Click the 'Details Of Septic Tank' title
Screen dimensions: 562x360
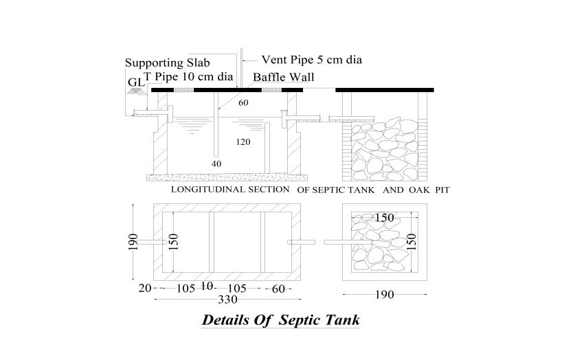coord(280,320)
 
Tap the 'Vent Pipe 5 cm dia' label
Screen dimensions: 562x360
coord(311,60)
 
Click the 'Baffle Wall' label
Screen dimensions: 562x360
coord(283,77)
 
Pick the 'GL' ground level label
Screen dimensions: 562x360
coord(135,82)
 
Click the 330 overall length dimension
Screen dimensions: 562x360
coord(227,300)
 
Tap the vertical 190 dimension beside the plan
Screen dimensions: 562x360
coord(133,242)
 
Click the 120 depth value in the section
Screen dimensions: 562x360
coord(243,142)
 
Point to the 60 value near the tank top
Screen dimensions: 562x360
coord(243,103)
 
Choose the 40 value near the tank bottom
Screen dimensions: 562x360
coord(216,164)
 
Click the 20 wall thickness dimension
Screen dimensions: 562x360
coord(144,289)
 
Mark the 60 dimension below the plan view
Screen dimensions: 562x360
coord(278,289)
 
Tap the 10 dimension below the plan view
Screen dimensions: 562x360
coord(205,286)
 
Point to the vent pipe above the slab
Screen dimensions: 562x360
coord(241,65)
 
